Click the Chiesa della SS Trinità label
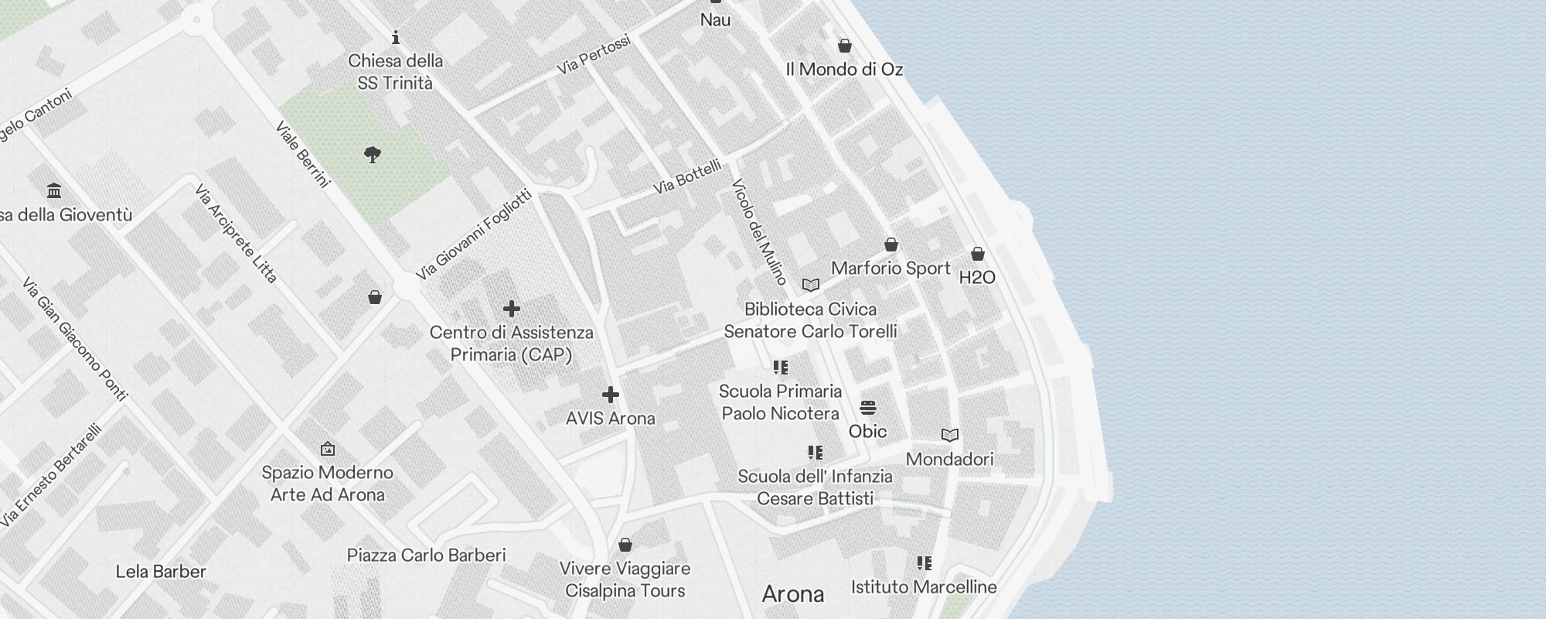pyautogui.click(x=395, y=71)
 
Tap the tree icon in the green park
pyautogui.click(x=373, y=155)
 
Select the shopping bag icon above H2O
pyautogui.click(x=977, y=254)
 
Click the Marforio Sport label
pyautogui.click(x=890, y=268)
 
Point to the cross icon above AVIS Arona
pyautogui.click(x=610, y=395)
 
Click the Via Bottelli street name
pyautogui.click(x=686, y=176)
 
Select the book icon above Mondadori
pyautogui.click(x=949, y=436)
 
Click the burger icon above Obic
pyautogui.click(x=867, y=408)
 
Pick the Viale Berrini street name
pyautogui.click(x=302, y=154)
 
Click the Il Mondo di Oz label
pyautogui.click(x=844, y=70)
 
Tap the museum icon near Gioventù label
pyautogui.click(x=53, y=190)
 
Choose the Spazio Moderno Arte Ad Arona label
pyautogui.click(x=327, y=484)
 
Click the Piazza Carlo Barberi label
pyautogui.click(x=426, y=556)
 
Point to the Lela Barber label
pyautogui.click(x=161, y=572)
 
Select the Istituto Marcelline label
pyautogui.click(x=924, y=587)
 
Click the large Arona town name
pyautogui.click(x=792, y=594)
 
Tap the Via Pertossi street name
pyautogui.click(x=593, y=55)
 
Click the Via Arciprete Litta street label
pyautogui.click(x=236, y=233)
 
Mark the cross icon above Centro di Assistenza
pyautogui.click(x=511, y=309)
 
